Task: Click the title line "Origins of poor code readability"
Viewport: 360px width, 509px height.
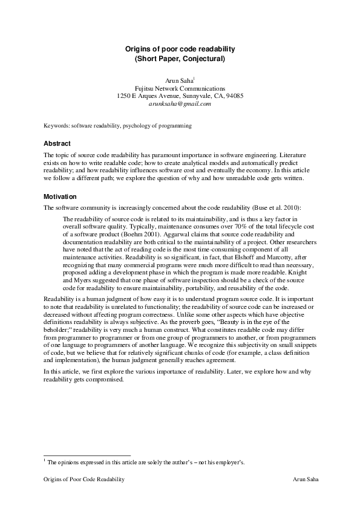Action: point(180,48)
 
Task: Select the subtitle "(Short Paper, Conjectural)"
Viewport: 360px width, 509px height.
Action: point(180,59)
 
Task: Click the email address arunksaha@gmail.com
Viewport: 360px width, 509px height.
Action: point(180,104)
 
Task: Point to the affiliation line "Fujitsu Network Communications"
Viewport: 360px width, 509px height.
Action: point(180,88)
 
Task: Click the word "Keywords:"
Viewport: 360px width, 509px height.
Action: point(57,126)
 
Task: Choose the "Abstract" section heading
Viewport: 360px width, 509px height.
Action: point(57,144)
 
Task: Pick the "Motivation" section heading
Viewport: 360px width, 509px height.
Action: point(61,197)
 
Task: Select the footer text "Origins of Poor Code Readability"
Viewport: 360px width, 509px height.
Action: point(84,479)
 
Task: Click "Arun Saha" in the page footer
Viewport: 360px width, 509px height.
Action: point(306,479)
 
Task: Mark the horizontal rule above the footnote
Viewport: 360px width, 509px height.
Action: point(87,455)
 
